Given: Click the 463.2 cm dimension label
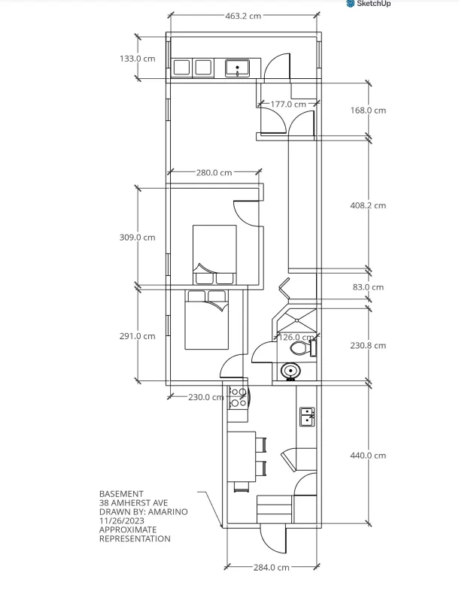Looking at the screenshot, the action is [x=243, y=16].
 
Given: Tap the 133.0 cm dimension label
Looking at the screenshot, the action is [x=137, y=59].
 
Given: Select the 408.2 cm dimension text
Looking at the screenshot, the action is [x=368, y=205].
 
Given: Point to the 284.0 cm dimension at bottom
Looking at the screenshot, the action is [x=271, y=567].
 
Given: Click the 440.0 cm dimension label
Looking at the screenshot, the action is [x=368, y=456].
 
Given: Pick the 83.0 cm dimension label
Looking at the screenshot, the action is [x=368, y=287].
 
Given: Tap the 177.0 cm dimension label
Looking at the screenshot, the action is [x=288, y=104].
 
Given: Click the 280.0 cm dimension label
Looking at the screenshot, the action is [x=214, y=173].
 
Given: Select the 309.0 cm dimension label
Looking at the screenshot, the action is [x=137, y=238].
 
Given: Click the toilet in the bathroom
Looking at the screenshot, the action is [x=302, y=348].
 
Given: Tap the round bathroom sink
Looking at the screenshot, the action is [x=290, y=371].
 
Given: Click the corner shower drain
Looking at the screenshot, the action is [x=296, y=320].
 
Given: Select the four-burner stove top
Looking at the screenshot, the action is [x=238, y=398].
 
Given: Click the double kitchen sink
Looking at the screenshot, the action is [x=307, y=417].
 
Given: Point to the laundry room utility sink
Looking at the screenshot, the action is [x=237, y=68].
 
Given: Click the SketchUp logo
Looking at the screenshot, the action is [x=368, y=4].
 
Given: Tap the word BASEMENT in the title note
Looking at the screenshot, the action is [x=121, y=494].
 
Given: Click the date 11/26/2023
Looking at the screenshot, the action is [x=122, y=521].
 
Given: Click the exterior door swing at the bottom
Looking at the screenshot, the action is [x=272, y=540].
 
